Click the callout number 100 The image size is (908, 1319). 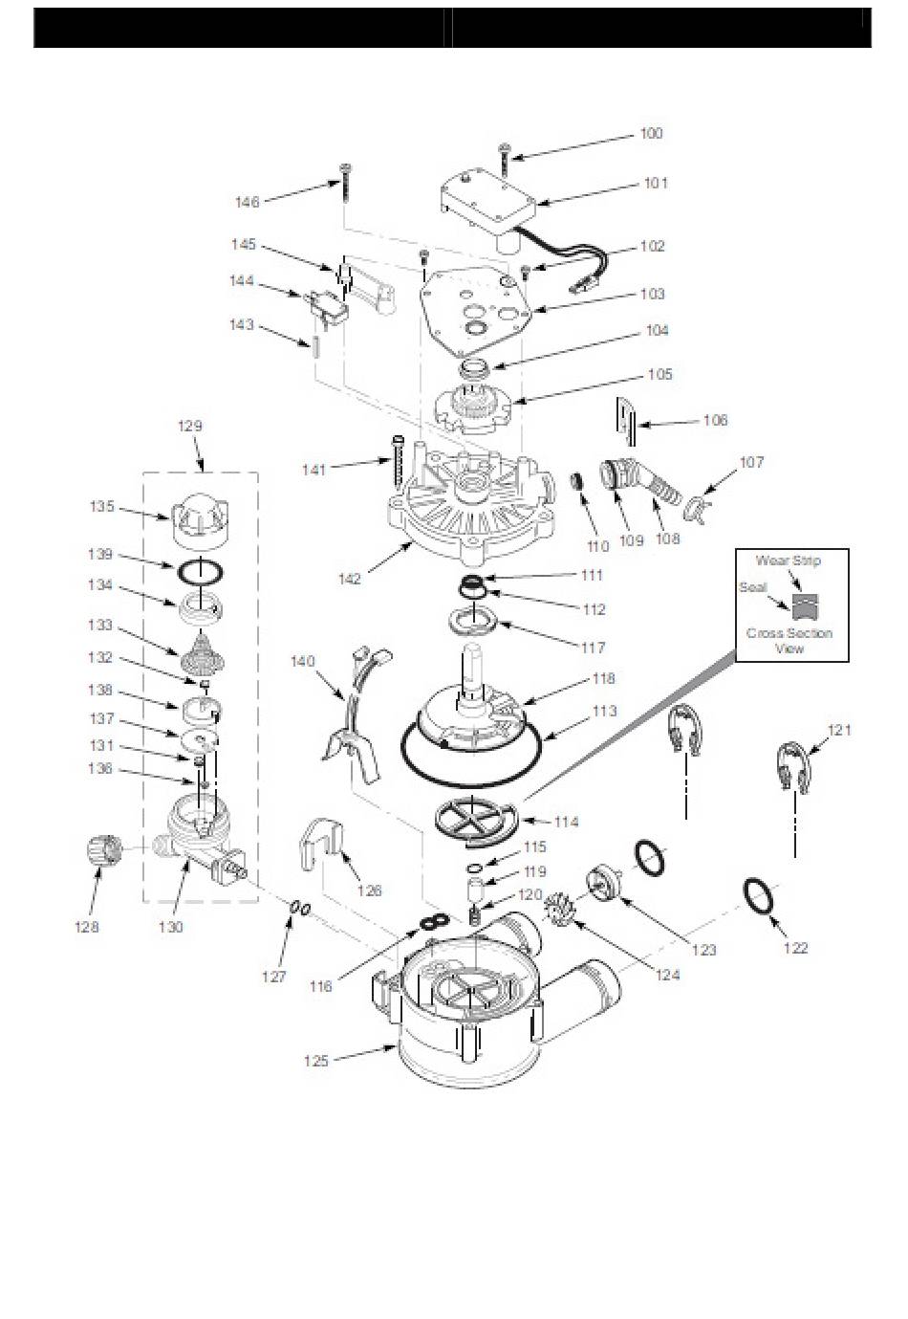click(x=651, y=134)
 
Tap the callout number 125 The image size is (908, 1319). click(x=316, y=1061)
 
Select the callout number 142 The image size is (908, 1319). click(x=350, y=579)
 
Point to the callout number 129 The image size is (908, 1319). click(x=190, y=426)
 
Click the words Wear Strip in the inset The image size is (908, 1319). click(x=788, y=561)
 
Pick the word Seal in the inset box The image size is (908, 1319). click(x=753, y=587)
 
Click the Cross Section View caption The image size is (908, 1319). click(x=789, y=641)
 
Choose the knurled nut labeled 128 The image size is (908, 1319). click(x=105, y=851)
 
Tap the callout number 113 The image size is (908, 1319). click(x=604, y=712)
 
